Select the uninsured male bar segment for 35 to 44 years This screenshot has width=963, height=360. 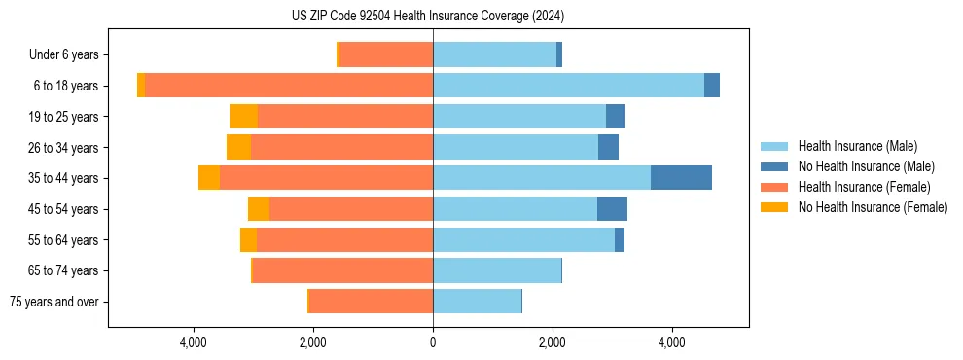click(x=681, y=178)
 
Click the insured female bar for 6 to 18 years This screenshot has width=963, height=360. click(x=288, y=86)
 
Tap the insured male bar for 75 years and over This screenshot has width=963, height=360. click(x=477, y=302)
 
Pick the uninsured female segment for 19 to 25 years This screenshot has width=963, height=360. click(x=243, y=117)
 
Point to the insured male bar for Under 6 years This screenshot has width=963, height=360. click(x=494, y=54)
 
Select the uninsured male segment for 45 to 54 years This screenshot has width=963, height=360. click(x=612, y=209)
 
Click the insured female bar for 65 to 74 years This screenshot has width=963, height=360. click(x=342, y=270)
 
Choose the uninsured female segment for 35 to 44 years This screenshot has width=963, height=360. click(x=209, y=178)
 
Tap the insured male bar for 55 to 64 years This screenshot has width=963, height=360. click(x=523, y=239)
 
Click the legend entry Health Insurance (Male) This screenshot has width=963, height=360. click(x=857, y=146)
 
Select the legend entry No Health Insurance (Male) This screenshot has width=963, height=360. click(x=866, y=166)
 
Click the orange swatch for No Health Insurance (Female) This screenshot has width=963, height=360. click(x=775, y=207)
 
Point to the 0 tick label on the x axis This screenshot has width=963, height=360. click(x=433, y=342)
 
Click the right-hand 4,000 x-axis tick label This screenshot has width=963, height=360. click(x=672, y=342)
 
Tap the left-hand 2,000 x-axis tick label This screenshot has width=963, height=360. click(x=313, y=342)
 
